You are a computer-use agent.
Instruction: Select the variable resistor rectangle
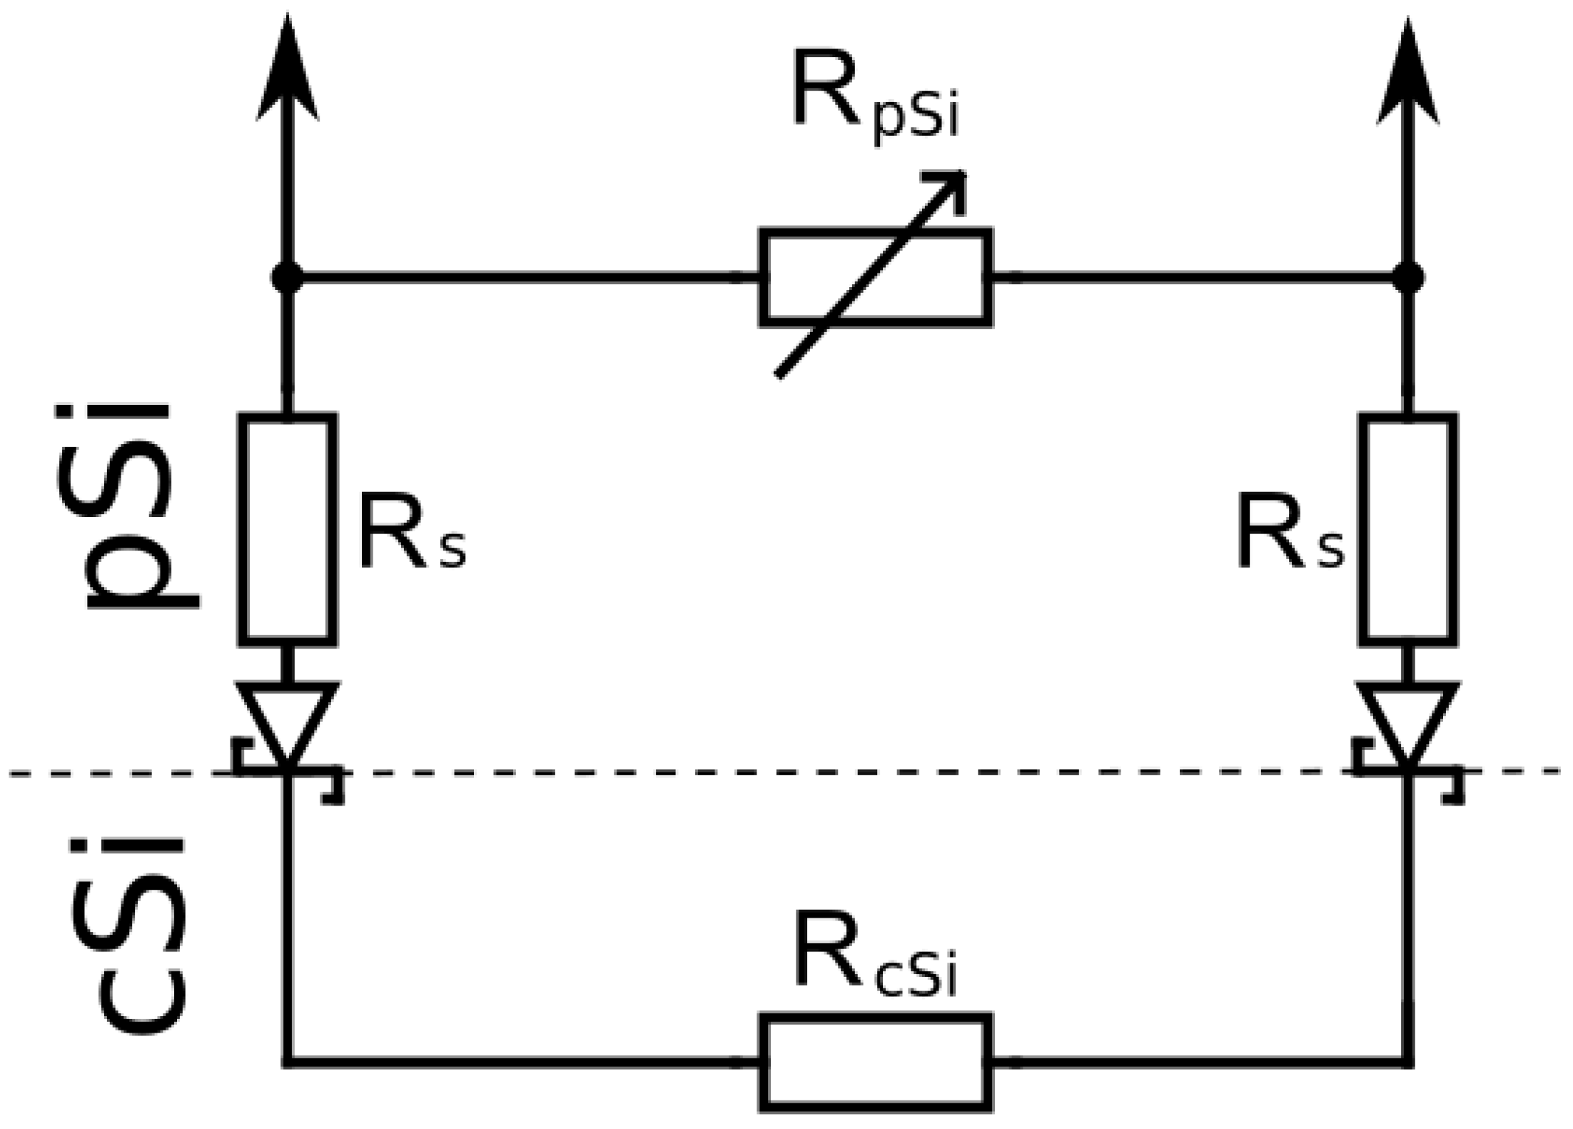[x=875, y=277]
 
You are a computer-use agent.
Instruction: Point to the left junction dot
[x=287, y=277]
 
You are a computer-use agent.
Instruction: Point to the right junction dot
[x=1407, y=277]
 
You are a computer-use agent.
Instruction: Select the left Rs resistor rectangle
[x=287, y=528]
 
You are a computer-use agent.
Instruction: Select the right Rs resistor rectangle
[x=1407, y=528]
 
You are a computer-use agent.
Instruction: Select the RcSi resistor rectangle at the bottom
[x=875, y=1062]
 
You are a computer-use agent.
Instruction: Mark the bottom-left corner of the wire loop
[x=287, y=1062]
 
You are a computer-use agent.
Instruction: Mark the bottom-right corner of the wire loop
[x=1407, y=1062]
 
